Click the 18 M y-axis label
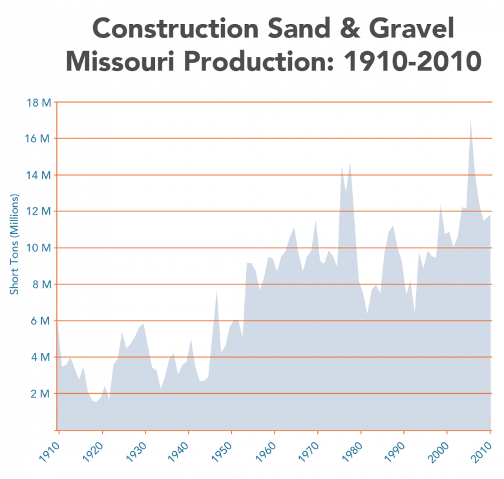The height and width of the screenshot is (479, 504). [x=38, y=102]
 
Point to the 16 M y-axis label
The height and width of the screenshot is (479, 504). [x=38, y=138]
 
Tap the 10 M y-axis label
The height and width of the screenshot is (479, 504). [x=38, y=248]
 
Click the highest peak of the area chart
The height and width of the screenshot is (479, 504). [x=470, y=121]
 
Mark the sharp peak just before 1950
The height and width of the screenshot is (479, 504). [x=217, y=290]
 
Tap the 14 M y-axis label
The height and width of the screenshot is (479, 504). [x=38, y=175]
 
